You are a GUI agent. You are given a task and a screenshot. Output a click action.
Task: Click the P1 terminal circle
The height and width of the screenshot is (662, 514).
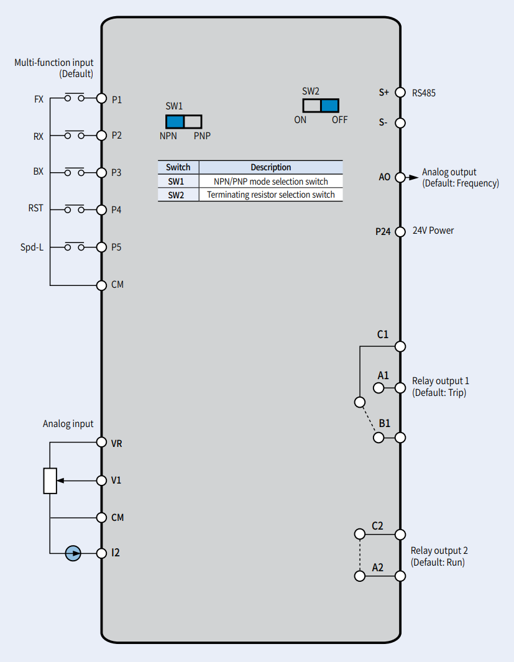[101, 98]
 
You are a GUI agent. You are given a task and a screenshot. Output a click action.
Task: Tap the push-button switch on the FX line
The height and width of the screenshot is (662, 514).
[75, 97]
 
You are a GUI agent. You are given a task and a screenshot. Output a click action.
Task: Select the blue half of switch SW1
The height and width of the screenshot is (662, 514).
[175, 122]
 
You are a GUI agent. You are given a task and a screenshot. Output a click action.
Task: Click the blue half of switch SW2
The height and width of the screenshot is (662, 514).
[329, 106]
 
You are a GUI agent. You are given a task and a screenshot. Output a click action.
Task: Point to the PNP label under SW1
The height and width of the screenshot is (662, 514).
[202, 136]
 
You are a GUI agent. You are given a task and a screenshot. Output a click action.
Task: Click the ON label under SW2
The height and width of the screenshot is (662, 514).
[300, 120]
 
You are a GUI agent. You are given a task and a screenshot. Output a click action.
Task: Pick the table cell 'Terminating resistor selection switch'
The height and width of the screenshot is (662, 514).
[271, 195]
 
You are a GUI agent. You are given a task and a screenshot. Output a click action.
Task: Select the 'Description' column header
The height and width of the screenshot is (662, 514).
[271, 167]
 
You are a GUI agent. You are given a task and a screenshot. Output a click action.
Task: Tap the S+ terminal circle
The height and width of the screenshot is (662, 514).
[400, 92]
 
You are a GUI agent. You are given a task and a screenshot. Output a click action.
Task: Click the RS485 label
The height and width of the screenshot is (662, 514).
[424, 93]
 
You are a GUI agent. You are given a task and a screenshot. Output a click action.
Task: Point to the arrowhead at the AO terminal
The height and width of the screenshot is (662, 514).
[413, 177]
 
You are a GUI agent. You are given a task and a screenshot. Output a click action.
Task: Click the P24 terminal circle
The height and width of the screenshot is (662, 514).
[400, 231]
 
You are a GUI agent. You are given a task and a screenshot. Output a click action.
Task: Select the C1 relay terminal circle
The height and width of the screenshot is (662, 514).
[400, 347]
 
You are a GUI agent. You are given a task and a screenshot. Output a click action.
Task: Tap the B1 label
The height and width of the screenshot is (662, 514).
[385, 423]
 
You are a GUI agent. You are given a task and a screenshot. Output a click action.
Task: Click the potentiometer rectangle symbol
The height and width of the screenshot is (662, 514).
[50, 481]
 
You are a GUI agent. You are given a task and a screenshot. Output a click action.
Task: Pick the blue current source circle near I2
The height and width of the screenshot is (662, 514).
[73, 553]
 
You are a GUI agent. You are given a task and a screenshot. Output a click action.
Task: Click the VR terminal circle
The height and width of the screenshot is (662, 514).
[101, 442]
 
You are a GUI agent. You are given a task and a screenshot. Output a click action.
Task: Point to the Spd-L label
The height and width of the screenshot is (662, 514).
[32, 247]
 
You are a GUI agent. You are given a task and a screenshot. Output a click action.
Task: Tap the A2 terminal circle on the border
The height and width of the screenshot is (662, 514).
[400, 576]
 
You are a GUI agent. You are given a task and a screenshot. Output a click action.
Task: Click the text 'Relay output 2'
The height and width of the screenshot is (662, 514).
[439, 551]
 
